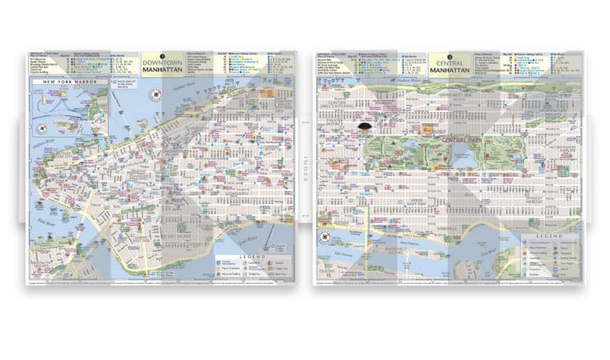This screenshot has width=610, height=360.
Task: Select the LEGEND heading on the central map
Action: click(548, 237)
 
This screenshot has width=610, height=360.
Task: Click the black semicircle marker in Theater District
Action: click(366, 126)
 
